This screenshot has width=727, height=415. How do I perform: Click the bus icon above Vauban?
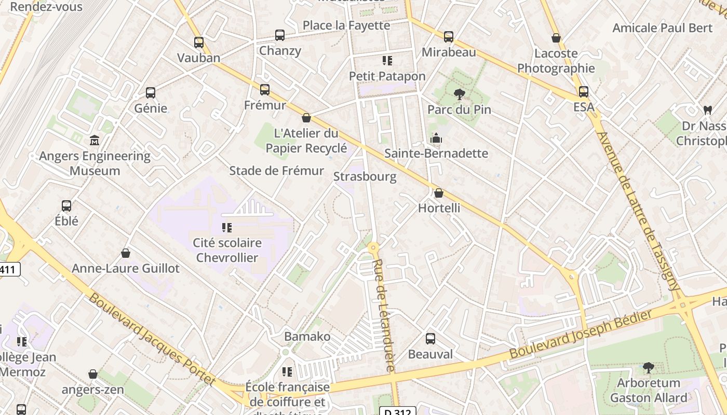click(x=199, y=43)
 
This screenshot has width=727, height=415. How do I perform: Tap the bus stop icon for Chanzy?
click(x=280, y=35)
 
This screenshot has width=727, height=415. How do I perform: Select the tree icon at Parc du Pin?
click(x=459, y=94)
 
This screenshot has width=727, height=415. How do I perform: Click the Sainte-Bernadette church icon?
click(x=436, y=138)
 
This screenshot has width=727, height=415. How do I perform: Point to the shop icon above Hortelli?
click(x=439, y=193)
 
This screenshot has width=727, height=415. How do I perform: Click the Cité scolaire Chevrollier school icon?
click(x=227, y=227)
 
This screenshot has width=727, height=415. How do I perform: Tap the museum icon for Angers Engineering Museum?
click(x=95, y=141)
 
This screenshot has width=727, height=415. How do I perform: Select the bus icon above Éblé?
click(x=66, y=205)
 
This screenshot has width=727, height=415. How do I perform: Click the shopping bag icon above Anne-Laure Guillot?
click(x=125, y=253)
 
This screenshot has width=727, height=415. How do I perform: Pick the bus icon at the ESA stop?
click(x=584, y=92)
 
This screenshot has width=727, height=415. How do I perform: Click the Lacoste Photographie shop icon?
click(x=556, y=38)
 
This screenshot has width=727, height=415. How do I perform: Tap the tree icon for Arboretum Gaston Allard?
click(x=648, y=368)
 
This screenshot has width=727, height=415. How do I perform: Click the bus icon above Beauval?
click(x=430, y=339)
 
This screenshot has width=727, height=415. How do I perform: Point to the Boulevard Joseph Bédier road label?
click(x=581, y=334)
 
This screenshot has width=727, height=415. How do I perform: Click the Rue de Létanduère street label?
click(x=385, y=315)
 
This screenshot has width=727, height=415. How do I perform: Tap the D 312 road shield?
click(x=400, y=411)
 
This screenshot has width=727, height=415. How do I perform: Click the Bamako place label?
click(x=307, y=336)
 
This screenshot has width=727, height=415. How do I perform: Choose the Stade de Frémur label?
click(x=276, y=171)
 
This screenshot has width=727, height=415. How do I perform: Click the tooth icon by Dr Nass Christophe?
click(x=707, y=110)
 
